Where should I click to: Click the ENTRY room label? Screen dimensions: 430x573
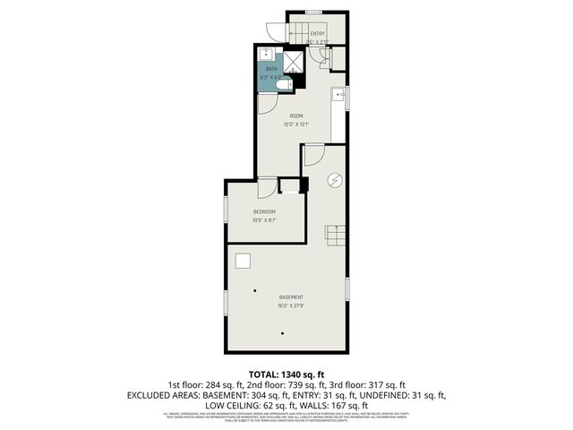(318, 34)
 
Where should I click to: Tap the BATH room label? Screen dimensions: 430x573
(271, 69)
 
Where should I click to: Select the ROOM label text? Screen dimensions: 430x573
(296, 116)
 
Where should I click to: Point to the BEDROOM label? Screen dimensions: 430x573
(264, 211)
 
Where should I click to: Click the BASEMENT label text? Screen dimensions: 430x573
(291, 297)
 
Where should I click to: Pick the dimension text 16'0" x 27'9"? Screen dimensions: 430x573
(291, 305)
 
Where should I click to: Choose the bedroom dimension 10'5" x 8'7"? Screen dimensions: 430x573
(264, 220)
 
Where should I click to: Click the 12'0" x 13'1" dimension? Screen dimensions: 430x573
(296, 125)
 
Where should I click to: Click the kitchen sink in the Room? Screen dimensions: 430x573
(338, 93)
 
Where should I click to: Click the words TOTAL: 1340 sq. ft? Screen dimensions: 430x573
(286, 374)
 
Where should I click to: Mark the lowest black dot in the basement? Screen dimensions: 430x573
(284, 334)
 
